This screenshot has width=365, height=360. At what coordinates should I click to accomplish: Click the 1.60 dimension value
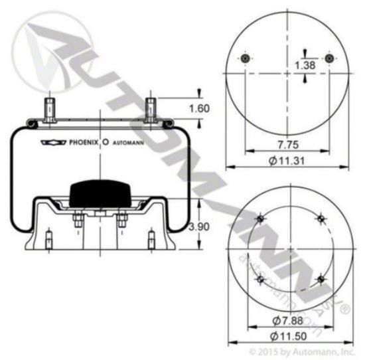point(199,109)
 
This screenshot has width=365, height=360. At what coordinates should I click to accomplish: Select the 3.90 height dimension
point(199,226)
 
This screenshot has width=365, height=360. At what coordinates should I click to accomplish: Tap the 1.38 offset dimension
point(305,65)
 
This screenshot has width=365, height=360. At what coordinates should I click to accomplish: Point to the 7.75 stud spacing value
point(288,145)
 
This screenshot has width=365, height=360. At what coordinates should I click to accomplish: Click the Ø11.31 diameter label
point(287,161)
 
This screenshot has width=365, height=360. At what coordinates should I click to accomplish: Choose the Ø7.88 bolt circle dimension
point(288,321)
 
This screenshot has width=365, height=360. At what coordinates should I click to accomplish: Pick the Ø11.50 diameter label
point(288,336)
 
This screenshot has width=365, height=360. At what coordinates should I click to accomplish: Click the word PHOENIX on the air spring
point(84,142)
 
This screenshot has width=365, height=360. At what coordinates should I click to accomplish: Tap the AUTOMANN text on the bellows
point(128,143)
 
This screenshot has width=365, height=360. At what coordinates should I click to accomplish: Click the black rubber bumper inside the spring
point(100,193)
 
